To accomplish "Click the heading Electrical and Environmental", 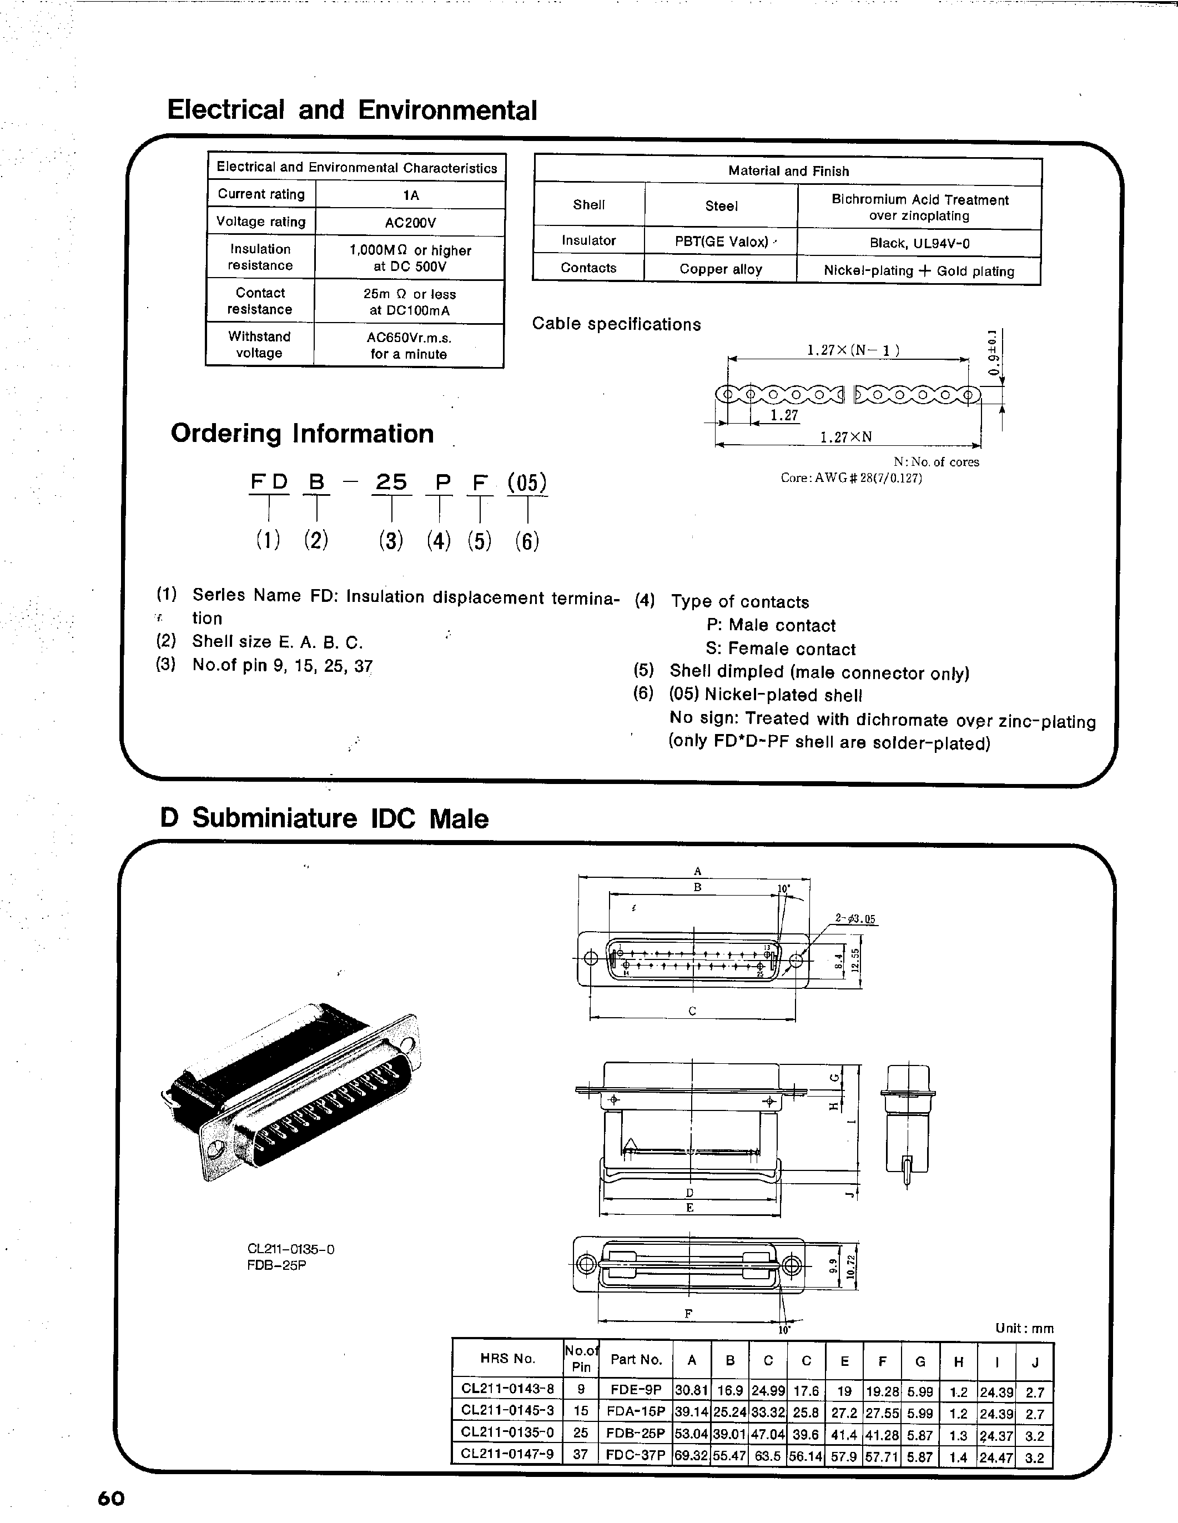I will (352, 110).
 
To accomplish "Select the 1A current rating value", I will (411, 195).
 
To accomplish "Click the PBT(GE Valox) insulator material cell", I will (721, 242).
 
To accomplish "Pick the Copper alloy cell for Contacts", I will (721, 269).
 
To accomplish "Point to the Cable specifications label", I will (616, 324).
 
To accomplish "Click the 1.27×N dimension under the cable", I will (845, 437).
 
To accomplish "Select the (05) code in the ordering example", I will (527, 482).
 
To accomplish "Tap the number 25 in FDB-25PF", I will (391, 482).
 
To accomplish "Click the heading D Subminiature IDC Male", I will (324, 818).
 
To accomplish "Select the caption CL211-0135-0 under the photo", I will (291, 1249).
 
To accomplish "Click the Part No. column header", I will (636, 1359).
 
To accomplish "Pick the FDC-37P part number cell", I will (636, 1455).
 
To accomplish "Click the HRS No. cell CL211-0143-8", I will (507, 1389).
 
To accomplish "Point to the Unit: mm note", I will (1024, 1329).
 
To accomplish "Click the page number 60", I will (111, 1498).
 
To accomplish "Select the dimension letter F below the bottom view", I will (688, 1314).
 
